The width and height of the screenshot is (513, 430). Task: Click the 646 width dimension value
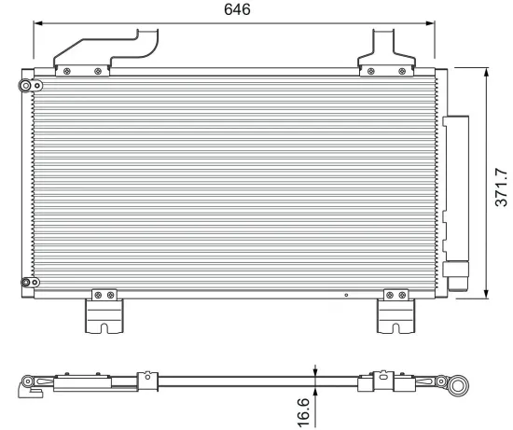tap(237, 10)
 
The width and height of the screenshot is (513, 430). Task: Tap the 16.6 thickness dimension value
tap(303, 411)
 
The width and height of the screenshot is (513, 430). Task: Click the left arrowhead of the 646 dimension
tap(38, 23)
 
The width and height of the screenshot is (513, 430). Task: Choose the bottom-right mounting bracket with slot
tap(393, 313)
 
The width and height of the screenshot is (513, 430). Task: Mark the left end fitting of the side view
tap(32, 383)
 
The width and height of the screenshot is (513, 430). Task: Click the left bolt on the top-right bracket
tap(371, 71)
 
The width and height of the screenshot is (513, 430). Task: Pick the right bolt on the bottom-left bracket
tap(111, 296)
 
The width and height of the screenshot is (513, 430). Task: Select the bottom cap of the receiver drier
tap(457, 276)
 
